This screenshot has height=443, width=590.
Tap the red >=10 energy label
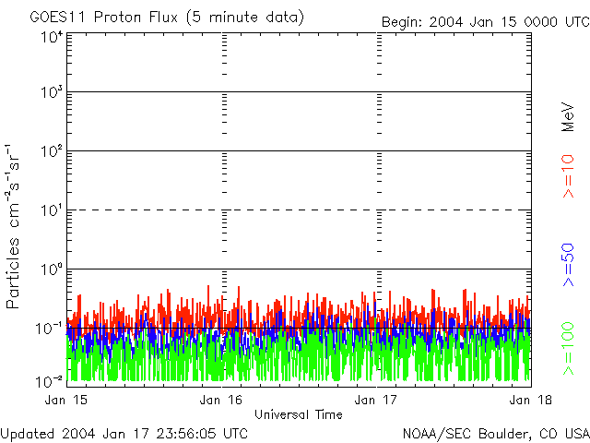pyautogui.click(x=568, y=176)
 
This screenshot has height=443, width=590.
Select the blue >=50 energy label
pyautogui.click(x=568, y=265)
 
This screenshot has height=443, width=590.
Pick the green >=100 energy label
pyautogui.click(x=568, y=349)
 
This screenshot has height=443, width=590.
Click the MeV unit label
pyautogui.click(x=568, y=117)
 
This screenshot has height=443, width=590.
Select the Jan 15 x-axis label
pyautogui.click(x=66, y=400)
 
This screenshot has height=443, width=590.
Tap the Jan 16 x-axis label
pyautogui.click(x=221, y=400)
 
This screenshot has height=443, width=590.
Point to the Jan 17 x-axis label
pyautogui.click(x=376, y=400)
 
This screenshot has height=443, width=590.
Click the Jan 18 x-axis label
pyautogui.click(x=531, y=400)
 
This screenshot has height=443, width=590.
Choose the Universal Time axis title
pyautogui.click(x=299, y=414)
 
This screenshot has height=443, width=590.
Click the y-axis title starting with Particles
pyautogui.click(x=13, y=226)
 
